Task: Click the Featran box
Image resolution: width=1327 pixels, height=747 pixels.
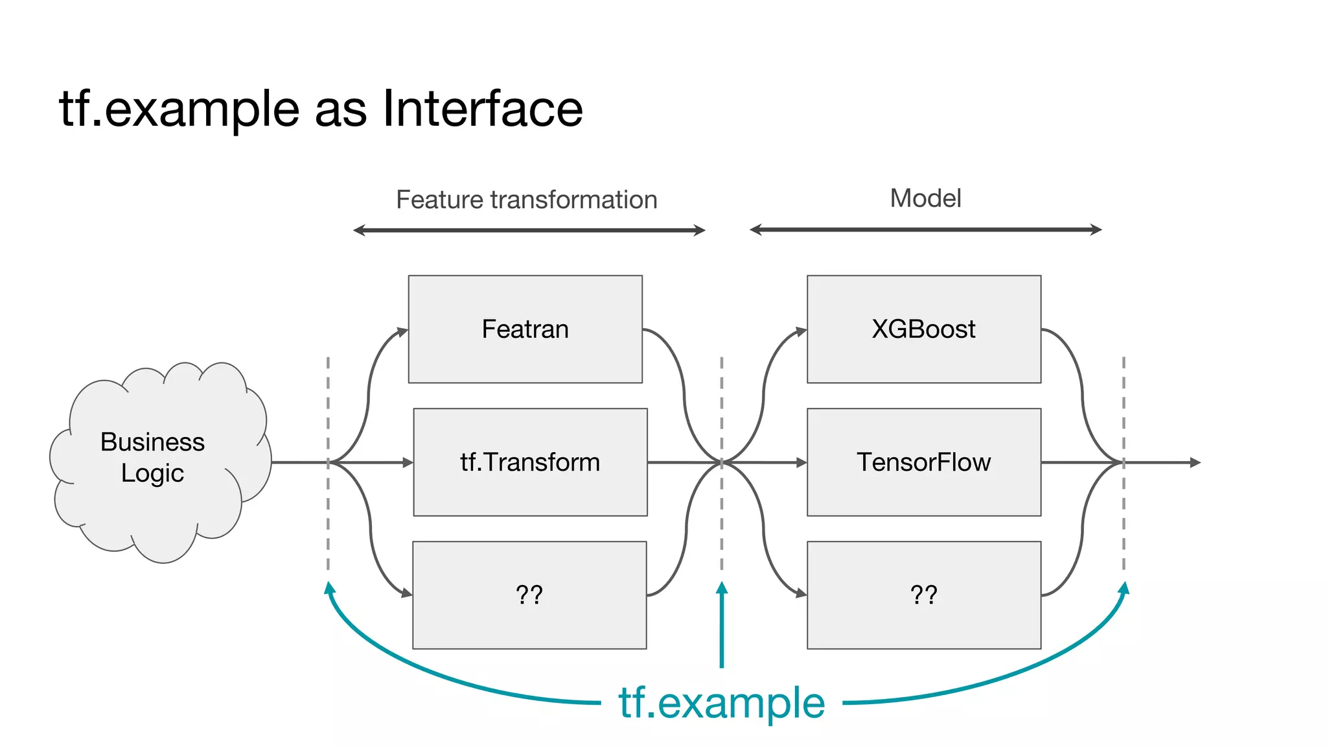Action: point(525,329)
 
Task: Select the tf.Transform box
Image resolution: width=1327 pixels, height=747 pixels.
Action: point(530,462)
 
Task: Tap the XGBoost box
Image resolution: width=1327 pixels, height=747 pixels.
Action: point(923,329)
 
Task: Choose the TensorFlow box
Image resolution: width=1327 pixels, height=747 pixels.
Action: point(923,462)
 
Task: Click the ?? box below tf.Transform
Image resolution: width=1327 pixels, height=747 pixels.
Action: point(529,595)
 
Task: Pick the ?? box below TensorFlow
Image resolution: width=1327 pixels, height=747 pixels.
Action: point(923,595)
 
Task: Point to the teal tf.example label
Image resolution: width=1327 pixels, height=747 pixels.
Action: point(721,703)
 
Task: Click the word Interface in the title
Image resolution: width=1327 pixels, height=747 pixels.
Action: point(483,108)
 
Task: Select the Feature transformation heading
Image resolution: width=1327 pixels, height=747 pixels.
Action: point(526,200)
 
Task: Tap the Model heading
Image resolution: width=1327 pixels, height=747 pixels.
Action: point(925,198)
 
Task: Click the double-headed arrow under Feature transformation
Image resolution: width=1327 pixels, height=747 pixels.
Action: point(529,230)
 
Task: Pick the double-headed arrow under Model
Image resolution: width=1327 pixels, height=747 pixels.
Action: point(925,230)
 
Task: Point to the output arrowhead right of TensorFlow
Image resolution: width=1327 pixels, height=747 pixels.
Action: point(1195,462)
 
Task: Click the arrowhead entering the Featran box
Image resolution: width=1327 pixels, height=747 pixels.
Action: point(402,332)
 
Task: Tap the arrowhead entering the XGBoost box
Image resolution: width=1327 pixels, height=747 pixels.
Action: point(802,331)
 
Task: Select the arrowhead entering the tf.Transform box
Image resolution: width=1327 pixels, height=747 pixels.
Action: point(408,462)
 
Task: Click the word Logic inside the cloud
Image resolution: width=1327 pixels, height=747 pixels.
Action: point(152,473)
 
